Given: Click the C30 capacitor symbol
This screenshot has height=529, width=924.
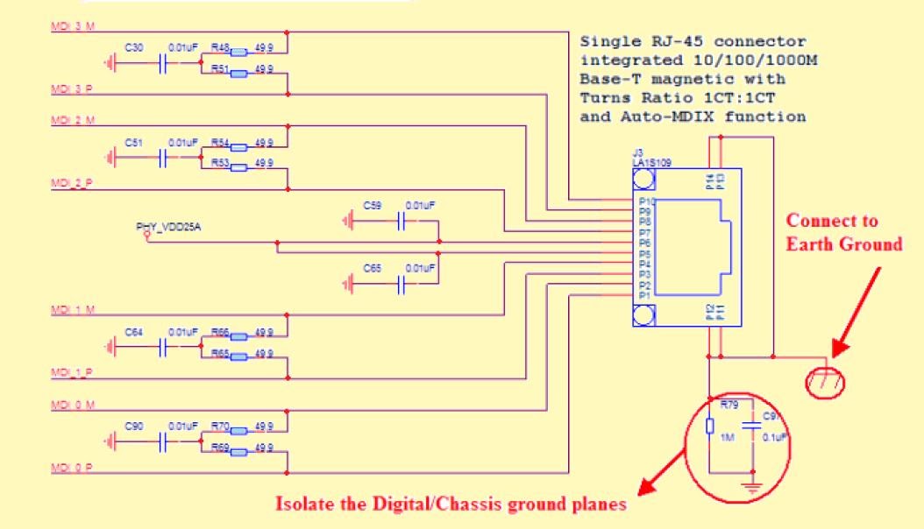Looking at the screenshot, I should (164, 62).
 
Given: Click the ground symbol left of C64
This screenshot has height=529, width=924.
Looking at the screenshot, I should (111, 347).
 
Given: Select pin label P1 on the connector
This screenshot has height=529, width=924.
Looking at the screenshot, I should (643, 296).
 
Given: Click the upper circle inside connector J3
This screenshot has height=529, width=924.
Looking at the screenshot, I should (644, 180).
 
